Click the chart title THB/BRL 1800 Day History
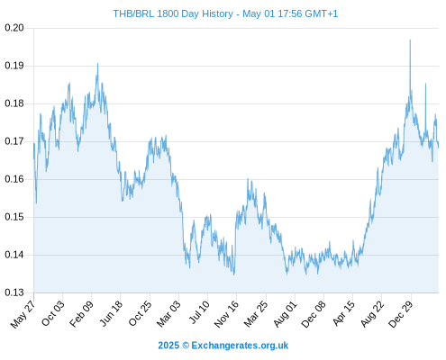coord(173,13)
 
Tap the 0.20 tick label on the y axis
coord(14,28)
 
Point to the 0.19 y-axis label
coord(14,66)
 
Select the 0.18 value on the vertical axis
coord(14,103)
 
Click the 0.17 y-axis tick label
coord(14,141)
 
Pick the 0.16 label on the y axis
coord(14,179)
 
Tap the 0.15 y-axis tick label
coord(14,217)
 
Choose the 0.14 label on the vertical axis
coord(14,255)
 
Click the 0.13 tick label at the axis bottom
coord(14,292)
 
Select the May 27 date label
coord(23,314)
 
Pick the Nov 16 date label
coord(226,314)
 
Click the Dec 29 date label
coord(401,314)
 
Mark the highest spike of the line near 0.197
coord(410,40)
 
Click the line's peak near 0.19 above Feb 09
coord(97,63)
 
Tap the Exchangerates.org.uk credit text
coord(240,346)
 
